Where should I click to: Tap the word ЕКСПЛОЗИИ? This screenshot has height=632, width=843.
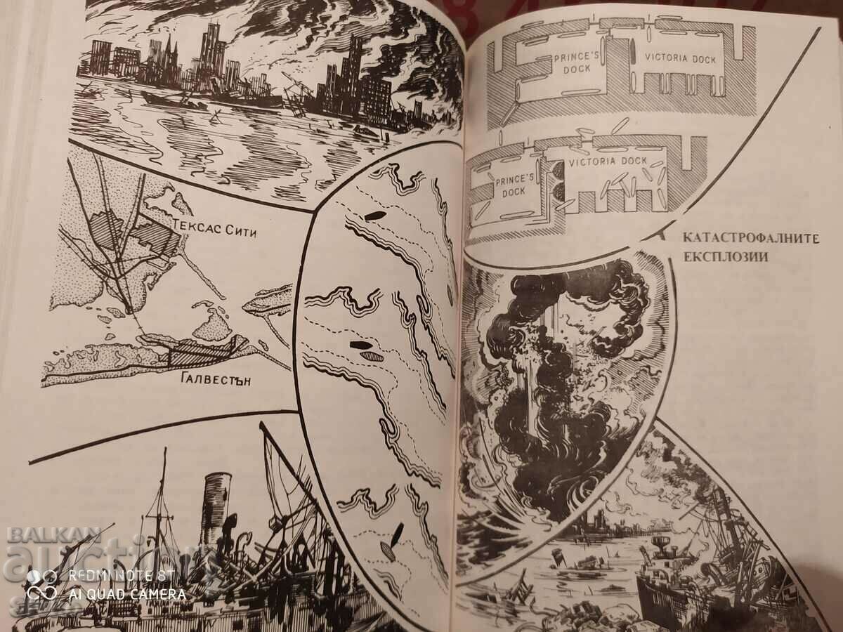pyautogui.click(x=724, y=257)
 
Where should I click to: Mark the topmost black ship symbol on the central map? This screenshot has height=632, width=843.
pyautogui.click(x=375, y=215)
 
